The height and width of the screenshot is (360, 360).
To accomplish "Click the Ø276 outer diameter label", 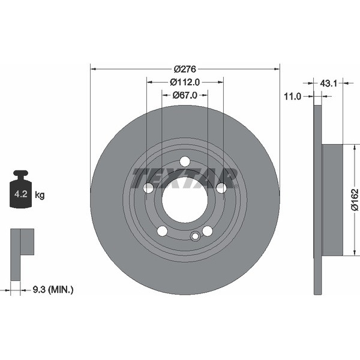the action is tap(185, 69).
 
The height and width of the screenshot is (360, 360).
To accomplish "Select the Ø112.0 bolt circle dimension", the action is tap(185, 82).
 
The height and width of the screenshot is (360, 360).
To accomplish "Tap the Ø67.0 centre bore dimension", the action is tap(185, 95).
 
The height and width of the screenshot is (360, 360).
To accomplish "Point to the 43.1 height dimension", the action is tap(328, 83).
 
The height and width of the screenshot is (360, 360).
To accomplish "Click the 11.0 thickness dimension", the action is tap(292, 97).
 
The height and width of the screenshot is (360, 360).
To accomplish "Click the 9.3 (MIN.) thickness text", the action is tap(53, 290).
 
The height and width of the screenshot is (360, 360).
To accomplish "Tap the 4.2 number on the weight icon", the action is tap(20, 194).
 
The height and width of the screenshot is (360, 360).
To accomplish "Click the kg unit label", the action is tap(40, 195).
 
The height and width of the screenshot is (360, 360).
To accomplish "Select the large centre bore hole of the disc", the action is tap(185, 200).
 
